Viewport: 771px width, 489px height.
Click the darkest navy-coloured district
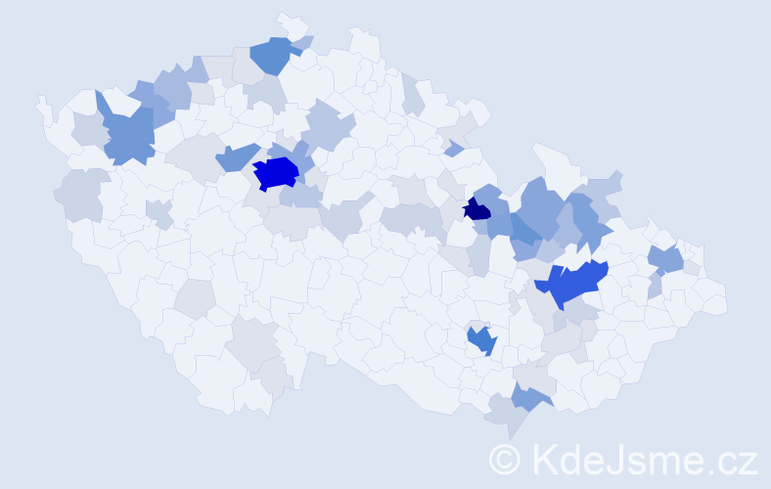(x=476, y=209)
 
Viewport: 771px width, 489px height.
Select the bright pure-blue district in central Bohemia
(x=276, y=173)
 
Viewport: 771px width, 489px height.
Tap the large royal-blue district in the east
(x=572, y=284)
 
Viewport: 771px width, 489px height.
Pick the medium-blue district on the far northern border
(x=273, y=56)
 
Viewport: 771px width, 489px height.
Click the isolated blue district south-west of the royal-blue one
(x=481, y=339)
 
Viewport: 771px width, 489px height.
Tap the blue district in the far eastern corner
(x=666, y=259)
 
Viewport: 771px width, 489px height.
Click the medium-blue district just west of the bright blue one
(x=235, y=156)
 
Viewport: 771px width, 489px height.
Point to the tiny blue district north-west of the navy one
(x=453, y=149)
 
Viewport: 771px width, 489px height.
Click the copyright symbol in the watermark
(x=504, y=459)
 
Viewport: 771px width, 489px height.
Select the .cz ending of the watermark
(x=730, y=459)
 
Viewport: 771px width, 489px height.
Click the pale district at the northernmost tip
(x=290, y=22)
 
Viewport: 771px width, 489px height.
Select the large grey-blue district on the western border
(x=83, y=195)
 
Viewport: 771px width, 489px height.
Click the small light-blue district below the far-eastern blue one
(x=655, y=287)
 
